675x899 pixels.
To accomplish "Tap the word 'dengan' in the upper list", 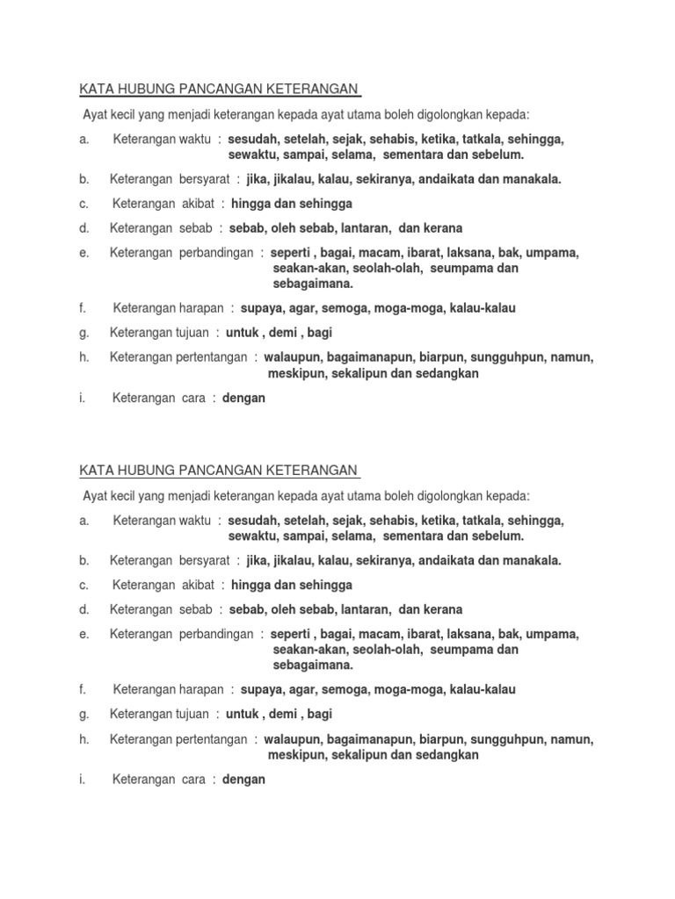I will [x=243, y=398].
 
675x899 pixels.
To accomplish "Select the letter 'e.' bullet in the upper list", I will [x=83, y=253].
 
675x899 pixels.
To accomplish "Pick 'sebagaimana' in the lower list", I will [x=313, y=665].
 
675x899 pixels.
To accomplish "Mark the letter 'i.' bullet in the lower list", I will [x=83, y=779].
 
